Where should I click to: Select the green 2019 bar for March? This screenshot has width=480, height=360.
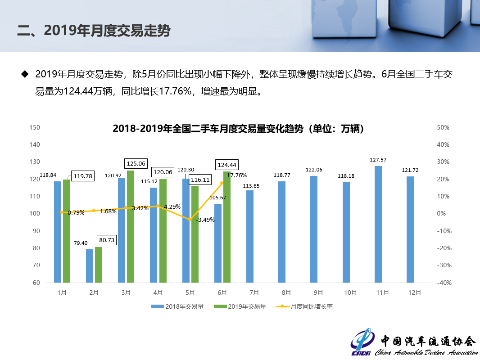pos(131,226)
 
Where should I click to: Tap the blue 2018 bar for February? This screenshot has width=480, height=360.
pos(90,265)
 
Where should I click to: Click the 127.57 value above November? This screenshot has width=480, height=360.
pos(378,160)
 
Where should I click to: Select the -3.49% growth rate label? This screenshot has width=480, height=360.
pos(205,220)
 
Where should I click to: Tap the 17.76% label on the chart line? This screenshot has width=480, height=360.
pos(237,175)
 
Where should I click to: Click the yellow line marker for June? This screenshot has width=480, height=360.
pos(222,183)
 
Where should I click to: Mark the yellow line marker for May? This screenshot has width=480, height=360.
pos(190,219)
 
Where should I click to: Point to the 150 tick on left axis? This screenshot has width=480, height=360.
pos(35,128)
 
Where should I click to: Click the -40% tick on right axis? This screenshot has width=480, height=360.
pos(444,283)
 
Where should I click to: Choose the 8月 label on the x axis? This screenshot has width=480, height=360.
pos(286,292)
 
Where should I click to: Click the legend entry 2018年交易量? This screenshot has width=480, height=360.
pos(177,306)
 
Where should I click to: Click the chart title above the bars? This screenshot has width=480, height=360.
pos(238,129)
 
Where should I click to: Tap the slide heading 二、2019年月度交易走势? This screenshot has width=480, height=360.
pos(94,31)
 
